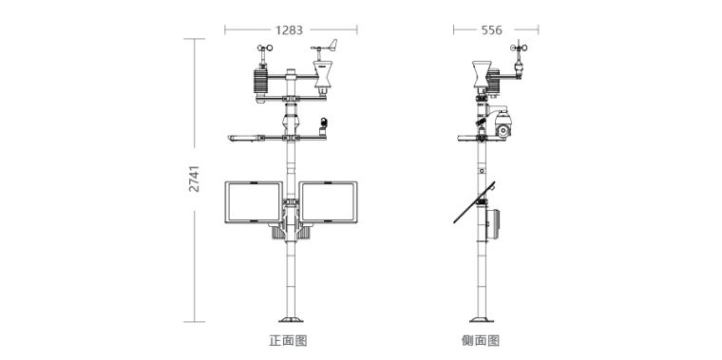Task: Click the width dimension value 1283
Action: [x=289, y=30]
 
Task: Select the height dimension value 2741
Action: [x=195, y=179]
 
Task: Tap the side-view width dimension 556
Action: [x=491, y=30]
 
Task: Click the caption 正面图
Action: [x=288, y=341]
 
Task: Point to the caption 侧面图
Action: [x=481, y=341]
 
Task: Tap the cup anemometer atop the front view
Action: [x=264, y=47]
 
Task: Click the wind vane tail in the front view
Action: [x=332, y=44]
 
